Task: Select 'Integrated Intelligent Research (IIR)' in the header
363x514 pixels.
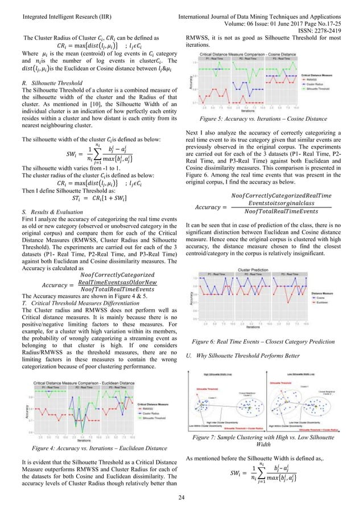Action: [59, 5]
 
